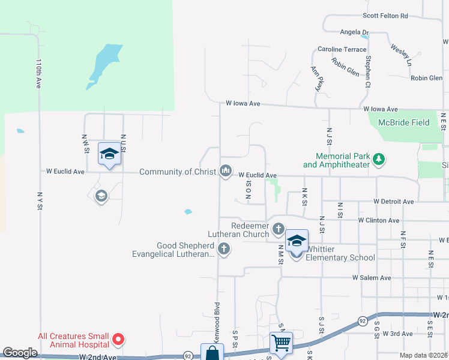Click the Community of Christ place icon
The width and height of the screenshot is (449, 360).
[x=226, y=172]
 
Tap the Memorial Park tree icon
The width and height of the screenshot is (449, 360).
[x=378, y=160]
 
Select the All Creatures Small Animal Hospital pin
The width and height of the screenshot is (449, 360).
[x=119, y=340]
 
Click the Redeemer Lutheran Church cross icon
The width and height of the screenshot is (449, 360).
[x=278, y=229]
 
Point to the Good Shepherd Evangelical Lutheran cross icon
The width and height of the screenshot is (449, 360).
[x=224, y=249]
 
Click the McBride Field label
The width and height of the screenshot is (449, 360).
[x=403, y=122]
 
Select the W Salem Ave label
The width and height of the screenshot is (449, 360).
[x=372, y=278]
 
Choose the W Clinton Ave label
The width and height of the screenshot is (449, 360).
[x=378, y=220]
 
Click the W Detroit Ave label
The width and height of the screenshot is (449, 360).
[x=393, y=202]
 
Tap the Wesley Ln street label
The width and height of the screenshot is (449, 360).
[x=401, y=55]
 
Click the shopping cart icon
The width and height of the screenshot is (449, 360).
[x=282, y=343]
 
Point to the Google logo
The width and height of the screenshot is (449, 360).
[x=20, y=353]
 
